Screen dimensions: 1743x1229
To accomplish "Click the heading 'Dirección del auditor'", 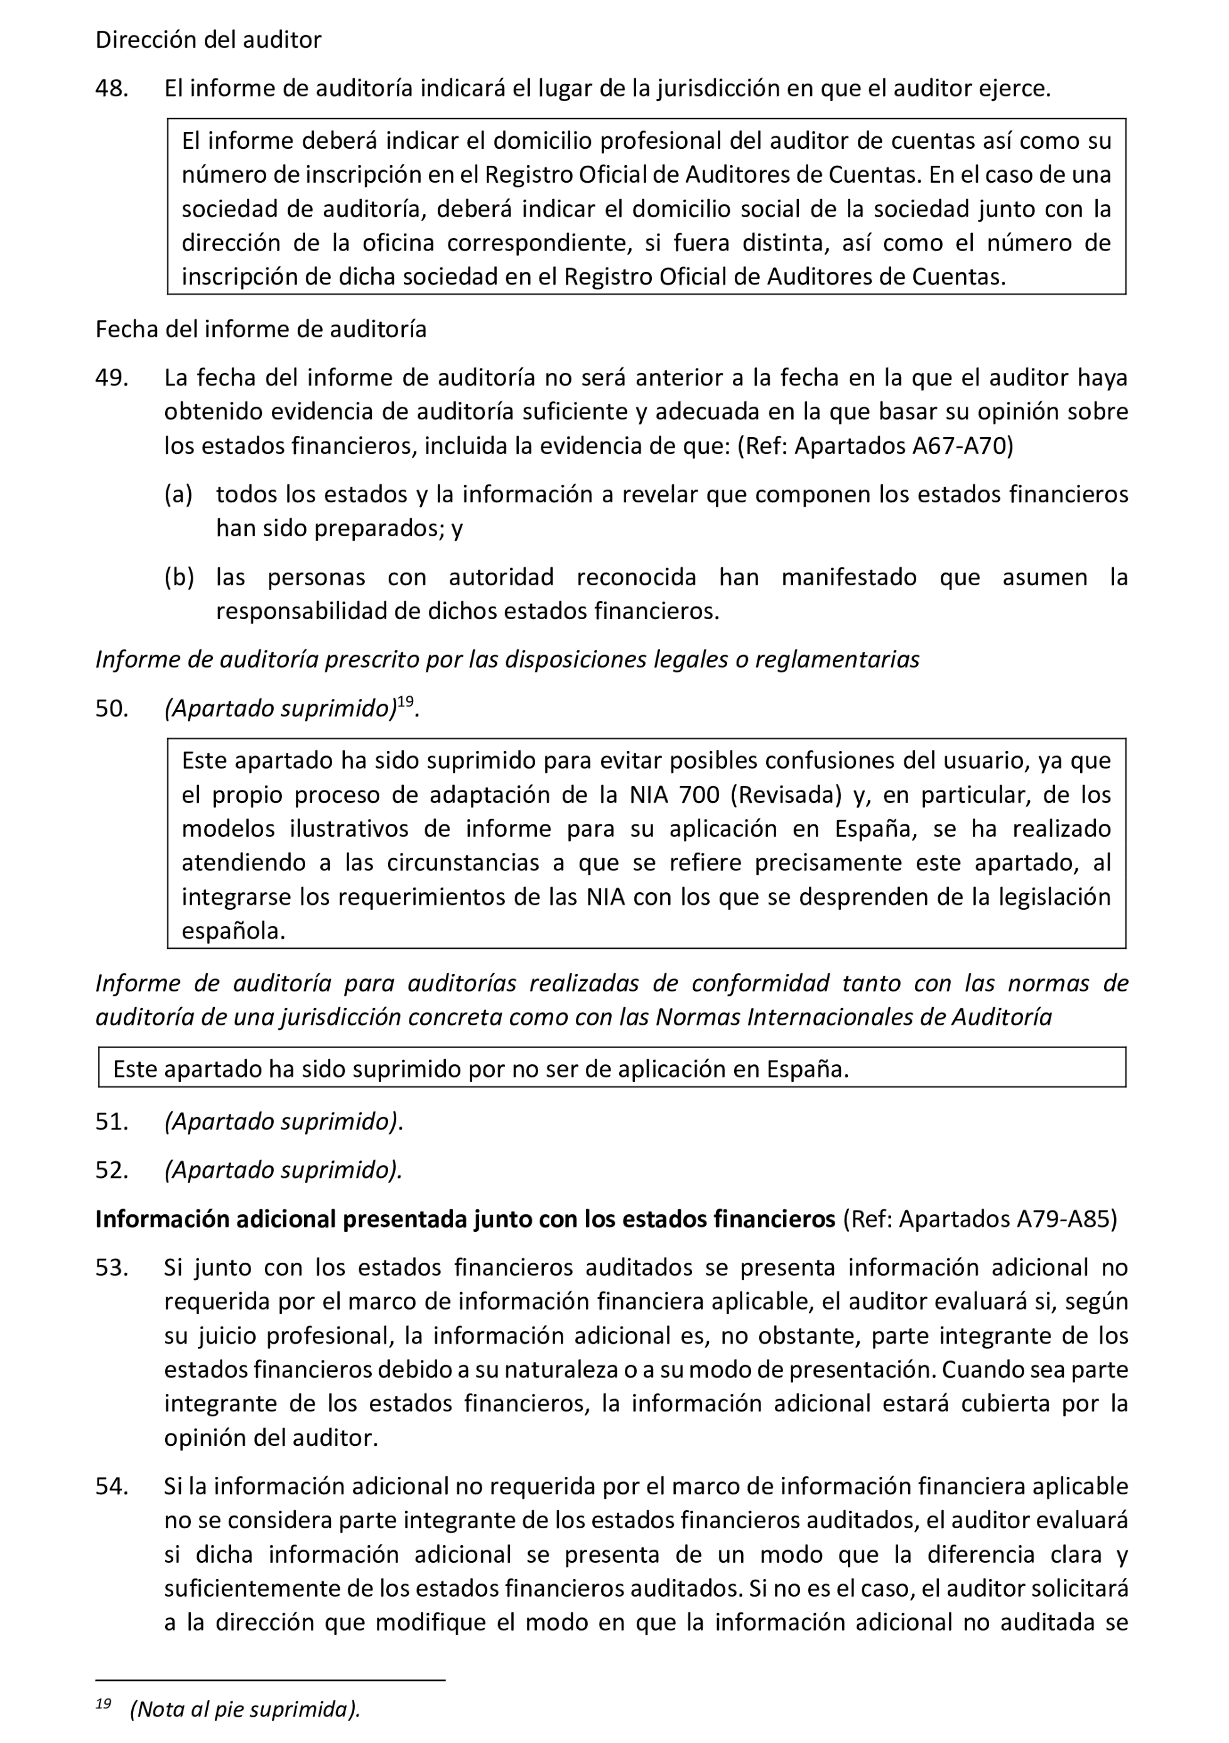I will [x=208, y=40].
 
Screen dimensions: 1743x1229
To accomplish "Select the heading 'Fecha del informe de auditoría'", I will [x=261, y=330].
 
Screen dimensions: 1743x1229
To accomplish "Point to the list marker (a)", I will [x=178, y=495].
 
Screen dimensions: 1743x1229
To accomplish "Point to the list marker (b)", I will [x=178, y=578].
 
